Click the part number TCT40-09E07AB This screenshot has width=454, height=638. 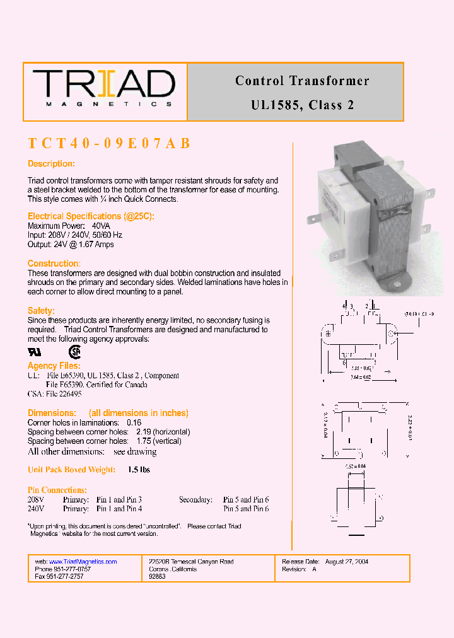coord(109,143)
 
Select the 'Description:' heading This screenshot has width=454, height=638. coord(51,164)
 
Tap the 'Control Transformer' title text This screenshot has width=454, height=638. coord(302,81)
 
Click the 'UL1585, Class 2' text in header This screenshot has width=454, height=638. coord(302,105)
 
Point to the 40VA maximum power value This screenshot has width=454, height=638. coord(101,226)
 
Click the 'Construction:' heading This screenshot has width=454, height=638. coord(54,264)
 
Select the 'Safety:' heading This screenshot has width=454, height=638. coord(41,311)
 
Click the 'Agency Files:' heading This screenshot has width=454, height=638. coord(54,366)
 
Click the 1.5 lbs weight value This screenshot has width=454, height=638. coord(139,470)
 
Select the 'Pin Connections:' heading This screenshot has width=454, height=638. coord(57,490)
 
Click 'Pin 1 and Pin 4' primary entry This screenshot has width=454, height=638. coord(119,509)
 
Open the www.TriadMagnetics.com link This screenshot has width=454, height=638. coord(83,562)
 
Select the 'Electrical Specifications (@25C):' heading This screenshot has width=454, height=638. coord(91,216)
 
